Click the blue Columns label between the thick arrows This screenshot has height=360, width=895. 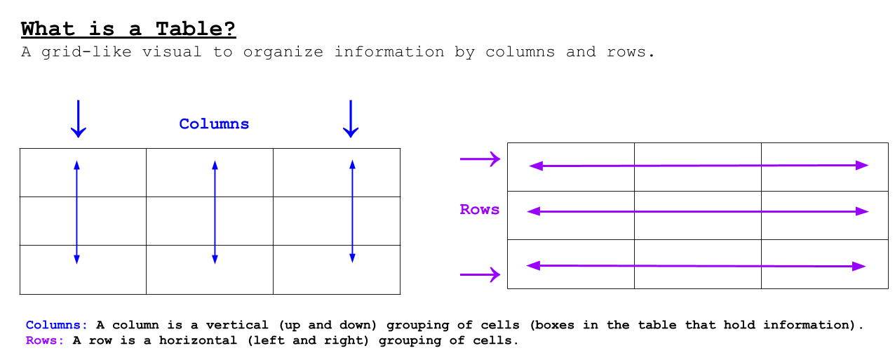[214, 124]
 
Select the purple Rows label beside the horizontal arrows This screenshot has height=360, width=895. [480, 210]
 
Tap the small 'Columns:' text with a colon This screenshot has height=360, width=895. [57, 326]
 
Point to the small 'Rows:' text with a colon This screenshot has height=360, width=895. [45, 341]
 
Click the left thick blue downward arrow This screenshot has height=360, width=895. [79, 119]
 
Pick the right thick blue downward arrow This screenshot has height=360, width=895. [351, 119]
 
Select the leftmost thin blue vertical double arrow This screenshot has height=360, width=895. [77, 212]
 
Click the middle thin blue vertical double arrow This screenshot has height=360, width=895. [215, 212]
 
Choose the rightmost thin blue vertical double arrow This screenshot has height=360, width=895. [352, 212]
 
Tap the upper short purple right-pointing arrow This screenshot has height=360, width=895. [480, 159]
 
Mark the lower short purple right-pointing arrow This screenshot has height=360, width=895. [480, 274]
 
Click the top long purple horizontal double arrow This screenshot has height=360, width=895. [699, 166]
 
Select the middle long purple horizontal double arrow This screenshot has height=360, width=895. [698, 211]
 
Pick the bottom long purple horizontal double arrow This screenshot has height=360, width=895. [697, 266]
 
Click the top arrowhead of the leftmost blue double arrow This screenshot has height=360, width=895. [77, 164]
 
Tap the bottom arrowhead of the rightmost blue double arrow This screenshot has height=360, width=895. [352, 260]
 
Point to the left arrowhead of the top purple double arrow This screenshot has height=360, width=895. [534, 166]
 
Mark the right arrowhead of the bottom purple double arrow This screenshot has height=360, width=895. [861, 267]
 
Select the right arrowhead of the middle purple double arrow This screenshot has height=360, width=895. [863, 211]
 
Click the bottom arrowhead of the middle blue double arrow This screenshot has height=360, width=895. [215, 260]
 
